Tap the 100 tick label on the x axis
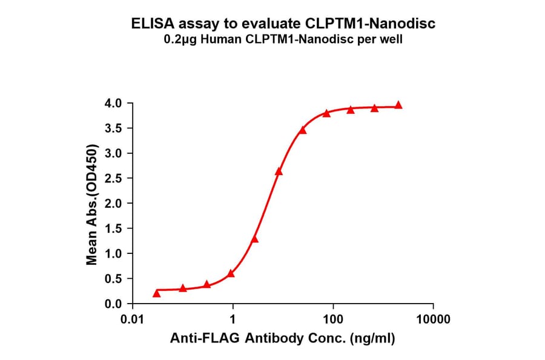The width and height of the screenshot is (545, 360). pyautogui.click(x=332, y=319)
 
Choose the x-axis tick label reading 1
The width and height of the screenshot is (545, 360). pyautogui.click(x=233, y=319)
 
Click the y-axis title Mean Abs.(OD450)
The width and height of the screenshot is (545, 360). pyautogui.click(x=92, y=204)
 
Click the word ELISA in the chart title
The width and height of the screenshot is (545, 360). pyautogui.click(x=152, y=24)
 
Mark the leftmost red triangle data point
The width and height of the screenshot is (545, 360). pyautogui.click(x=157, y=293)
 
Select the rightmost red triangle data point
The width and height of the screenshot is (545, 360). pyautogui.click(x=398, y=105)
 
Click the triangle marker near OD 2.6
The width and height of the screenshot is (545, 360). pyautogui.click(x=279, y=172)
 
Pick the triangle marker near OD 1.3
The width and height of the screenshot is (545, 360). pyautogui.click(x=254, y=239)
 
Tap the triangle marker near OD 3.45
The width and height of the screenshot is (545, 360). pyautogui.click(x=303, y=130)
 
